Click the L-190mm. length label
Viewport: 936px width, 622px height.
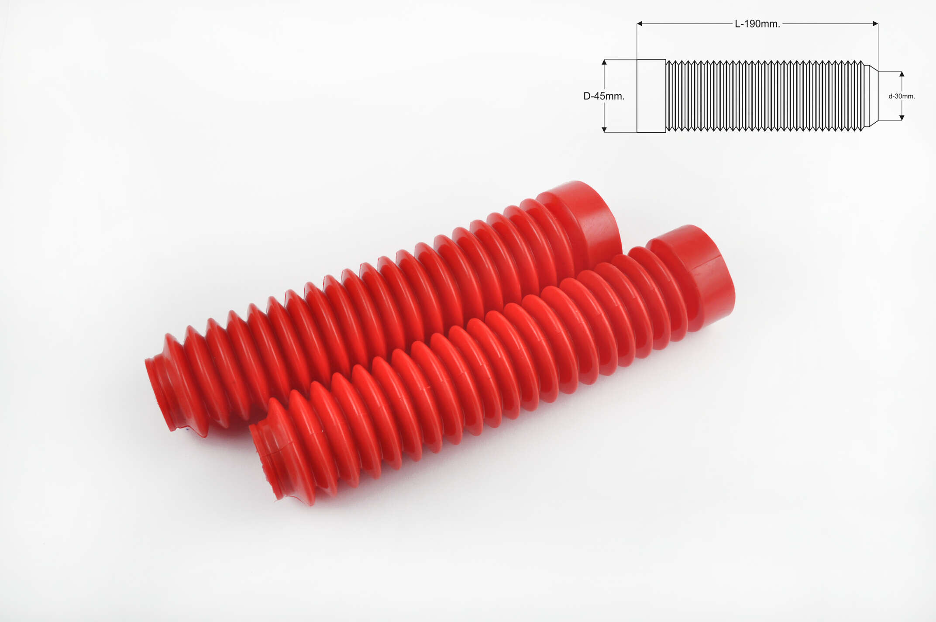[x=757, y=24]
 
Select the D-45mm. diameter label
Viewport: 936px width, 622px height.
[x=604, y=96]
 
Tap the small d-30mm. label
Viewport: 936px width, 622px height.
[x=902, y=96]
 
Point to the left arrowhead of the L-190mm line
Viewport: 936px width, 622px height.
[x=640, y=24]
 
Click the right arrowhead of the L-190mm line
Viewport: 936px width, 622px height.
[x=875, y=24]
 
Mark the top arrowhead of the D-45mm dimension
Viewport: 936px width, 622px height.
[x=604, y=62]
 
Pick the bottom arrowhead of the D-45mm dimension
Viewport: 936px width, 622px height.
[x=604, y=129]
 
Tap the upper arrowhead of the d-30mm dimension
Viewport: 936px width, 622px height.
[x=902, y=74]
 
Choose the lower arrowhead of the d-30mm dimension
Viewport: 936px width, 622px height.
[x=902, y=117]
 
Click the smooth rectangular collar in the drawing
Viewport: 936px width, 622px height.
[x=651, y=96]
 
